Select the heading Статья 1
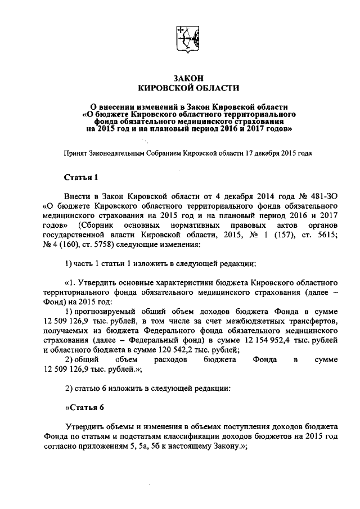pos(82,178)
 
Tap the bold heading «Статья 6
pos(85,407)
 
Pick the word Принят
pos(77,152)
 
